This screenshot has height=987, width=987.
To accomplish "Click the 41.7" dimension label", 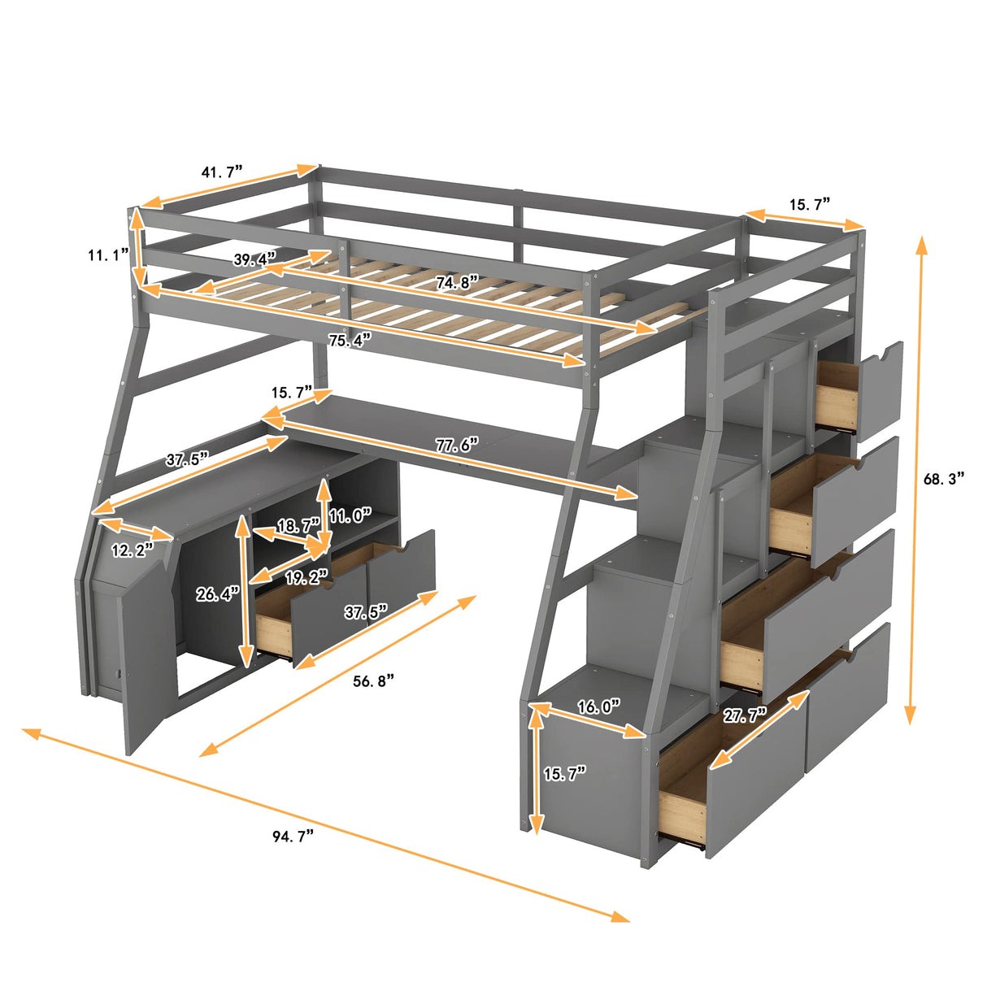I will pos(222,172).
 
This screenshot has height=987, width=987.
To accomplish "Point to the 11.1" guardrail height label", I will pos(109,255).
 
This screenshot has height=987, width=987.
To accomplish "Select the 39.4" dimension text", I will pos(254,259).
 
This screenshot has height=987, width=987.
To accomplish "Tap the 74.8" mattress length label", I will pos(456,282).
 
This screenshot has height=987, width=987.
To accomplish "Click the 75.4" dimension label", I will pos(350,340).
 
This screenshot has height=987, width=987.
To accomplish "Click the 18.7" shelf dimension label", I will pos(298,526).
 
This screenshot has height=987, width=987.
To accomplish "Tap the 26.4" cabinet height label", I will pos(217,594).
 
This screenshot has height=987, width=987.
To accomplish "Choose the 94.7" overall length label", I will pos(293,836).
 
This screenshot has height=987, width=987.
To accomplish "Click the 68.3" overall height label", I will pos(944,479).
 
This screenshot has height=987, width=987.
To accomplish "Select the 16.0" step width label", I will pos(598,707).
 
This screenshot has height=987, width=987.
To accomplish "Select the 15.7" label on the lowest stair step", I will pos(564,774).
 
